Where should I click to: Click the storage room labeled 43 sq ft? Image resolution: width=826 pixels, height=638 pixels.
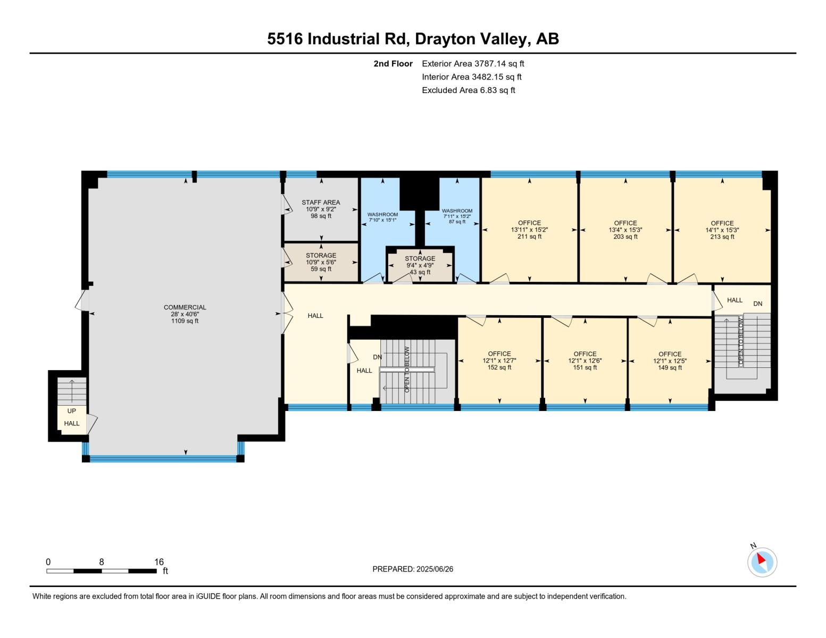(x=420, y=265)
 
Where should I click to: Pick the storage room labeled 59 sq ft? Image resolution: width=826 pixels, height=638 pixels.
(x=321, y=262)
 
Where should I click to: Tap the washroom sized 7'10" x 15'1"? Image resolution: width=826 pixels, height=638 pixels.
(x=382, y=217)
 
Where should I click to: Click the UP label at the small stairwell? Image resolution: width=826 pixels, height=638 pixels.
(x=71, y=410)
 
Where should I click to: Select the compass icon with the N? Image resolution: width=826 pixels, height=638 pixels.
(x=762, y=561)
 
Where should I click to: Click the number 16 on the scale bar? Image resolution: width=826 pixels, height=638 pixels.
(x=158, y=561)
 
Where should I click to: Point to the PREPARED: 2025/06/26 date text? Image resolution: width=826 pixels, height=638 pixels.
(x=413, y=569)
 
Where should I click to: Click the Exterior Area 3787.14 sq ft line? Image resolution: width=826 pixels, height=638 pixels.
(x=473, y=63)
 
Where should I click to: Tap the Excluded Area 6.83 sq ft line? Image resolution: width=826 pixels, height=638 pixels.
(x=468, y=90)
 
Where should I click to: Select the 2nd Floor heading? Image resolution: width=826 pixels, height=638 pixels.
(x=393, y=63)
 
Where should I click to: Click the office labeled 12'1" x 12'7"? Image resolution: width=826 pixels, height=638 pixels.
(x=499, y=360)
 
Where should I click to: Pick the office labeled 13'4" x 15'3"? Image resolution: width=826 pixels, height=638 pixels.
(x=625, y=230)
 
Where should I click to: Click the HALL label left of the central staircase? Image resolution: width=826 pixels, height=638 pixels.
(x=364, y=371)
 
